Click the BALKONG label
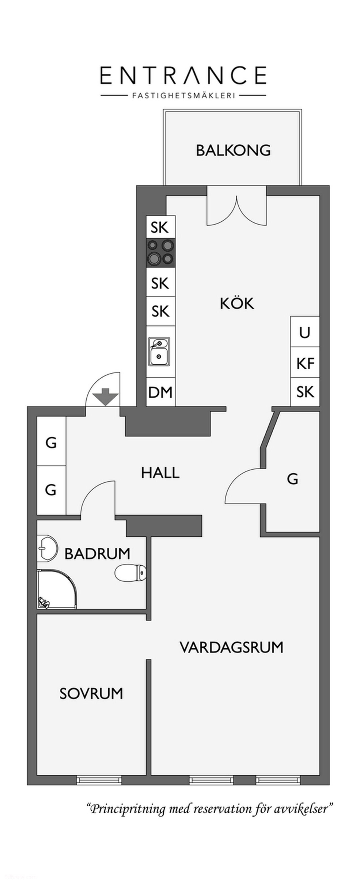pyautogui.click(x=233, y=150)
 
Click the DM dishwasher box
pyautogui.click(x=160, y=392)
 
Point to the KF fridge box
pyautogui.click(x=305, y=363)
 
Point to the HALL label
pyautogui.click(x=160, y=473)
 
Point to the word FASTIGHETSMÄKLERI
pyautogui.click(x=183, y=96)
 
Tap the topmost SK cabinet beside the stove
pyautogui.click(x=160, y=227)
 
